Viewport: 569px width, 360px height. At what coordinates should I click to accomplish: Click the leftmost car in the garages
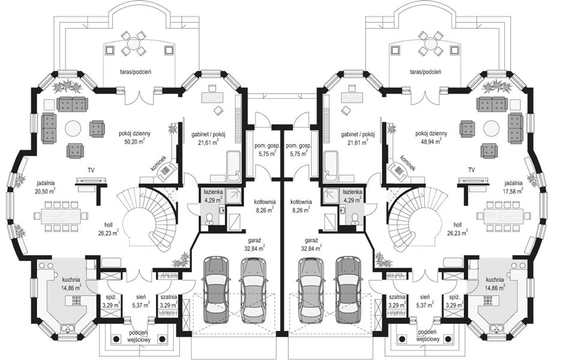pos(217,290)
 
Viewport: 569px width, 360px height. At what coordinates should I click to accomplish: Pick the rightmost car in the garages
pos(348,290)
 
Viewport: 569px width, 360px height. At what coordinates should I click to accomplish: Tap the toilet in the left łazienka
pos(209,218)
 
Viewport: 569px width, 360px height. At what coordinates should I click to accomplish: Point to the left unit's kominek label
pos(159,164)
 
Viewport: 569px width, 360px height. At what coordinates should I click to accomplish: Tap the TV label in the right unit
pos(471,170)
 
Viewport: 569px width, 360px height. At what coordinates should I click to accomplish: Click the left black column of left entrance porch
pos(116,339)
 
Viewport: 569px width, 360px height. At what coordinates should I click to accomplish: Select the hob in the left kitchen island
pos(77,301)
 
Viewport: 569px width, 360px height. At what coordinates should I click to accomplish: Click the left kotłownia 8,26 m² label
pos(264,206)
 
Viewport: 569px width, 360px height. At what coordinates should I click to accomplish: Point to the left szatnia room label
pos(168,297)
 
